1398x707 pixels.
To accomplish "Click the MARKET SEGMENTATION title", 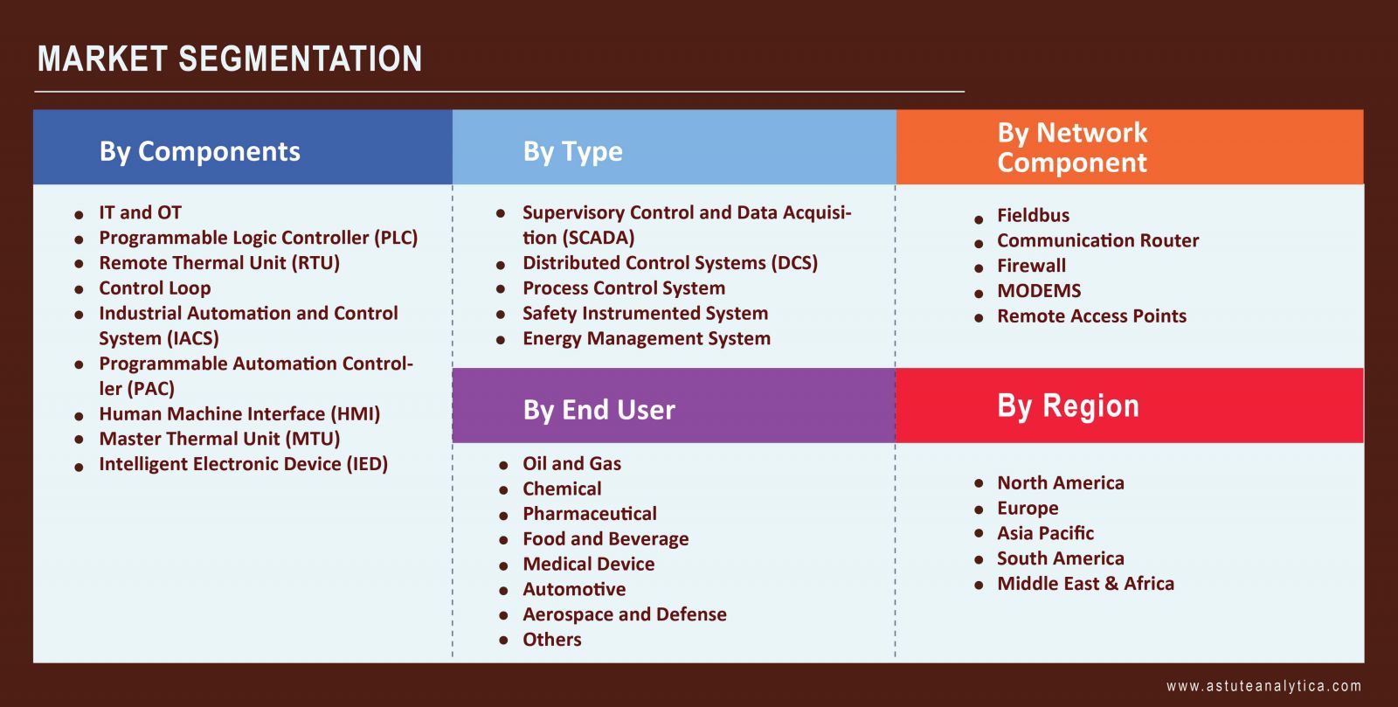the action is coord(230,59).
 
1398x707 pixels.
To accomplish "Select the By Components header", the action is coord(200,152).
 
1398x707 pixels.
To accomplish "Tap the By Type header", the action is coord(573,152).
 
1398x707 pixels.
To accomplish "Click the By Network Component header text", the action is coord(1072,148).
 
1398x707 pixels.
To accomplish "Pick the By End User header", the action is coord(599,410).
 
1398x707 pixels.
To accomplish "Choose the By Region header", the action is coord(1068,406).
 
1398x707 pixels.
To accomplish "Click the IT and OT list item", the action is coord(141,212).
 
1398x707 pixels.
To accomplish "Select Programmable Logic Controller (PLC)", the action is coord(259,238).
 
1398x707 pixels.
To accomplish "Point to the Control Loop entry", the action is coord(155,288).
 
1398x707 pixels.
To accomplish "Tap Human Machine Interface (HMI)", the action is coord(239,413).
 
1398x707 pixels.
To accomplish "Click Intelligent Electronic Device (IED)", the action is coord(244,464).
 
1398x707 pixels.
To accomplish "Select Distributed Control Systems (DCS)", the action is coord(670,263).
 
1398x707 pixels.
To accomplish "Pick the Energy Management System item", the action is coord(647,338).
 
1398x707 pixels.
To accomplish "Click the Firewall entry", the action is coord(1032,266).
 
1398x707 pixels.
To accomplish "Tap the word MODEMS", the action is coord(1039,291).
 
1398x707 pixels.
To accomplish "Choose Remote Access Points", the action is coord(1091,315).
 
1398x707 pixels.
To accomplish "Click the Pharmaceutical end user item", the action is coord(590,514).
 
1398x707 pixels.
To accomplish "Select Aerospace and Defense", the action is coord(625,614).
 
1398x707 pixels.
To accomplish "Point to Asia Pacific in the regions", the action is coord(1045,533).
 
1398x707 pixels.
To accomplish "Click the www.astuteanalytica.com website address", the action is coord(1263,686).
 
